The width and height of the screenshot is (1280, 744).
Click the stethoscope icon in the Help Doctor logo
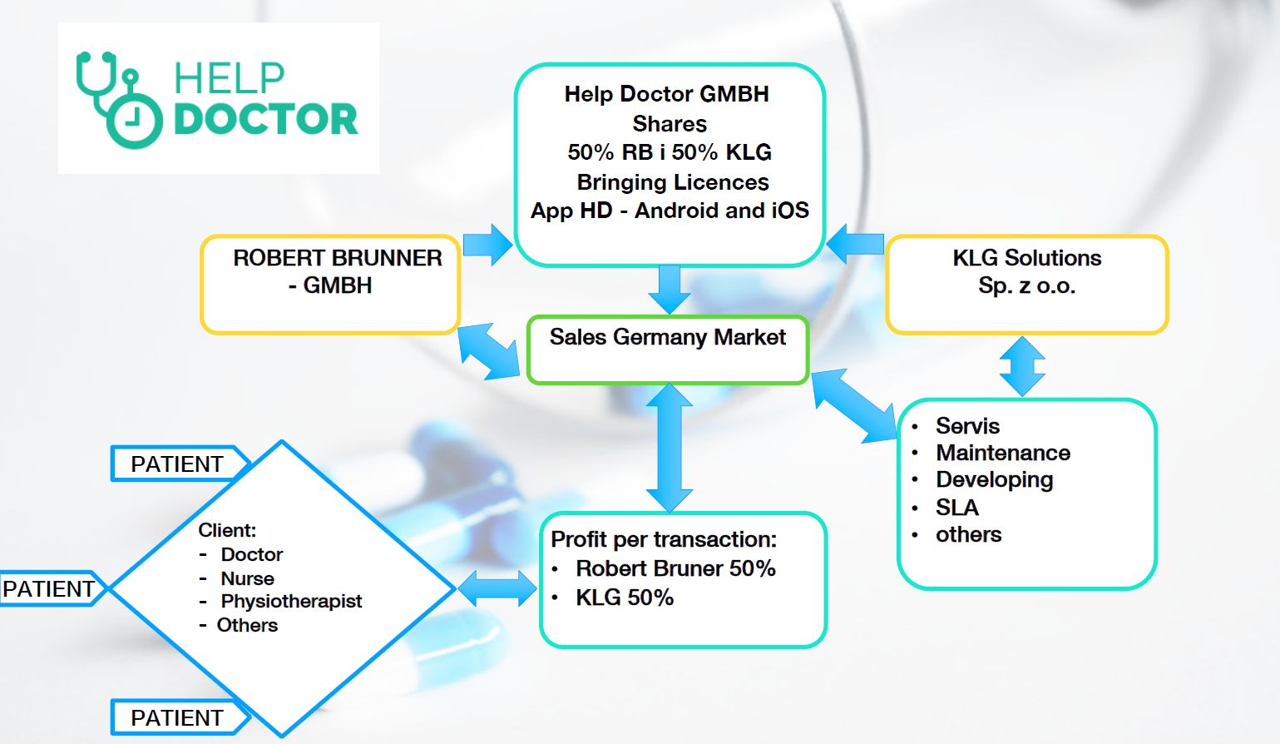click(116, 100)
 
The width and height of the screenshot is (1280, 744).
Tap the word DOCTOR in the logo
click(265, 120)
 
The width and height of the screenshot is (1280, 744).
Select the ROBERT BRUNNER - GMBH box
click(330, 285)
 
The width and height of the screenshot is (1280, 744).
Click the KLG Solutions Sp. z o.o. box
click(1026, 285)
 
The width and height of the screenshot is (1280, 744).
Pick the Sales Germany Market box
click(667, 350)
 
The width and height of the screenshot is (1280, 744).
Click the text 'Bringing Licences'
click(672, 182)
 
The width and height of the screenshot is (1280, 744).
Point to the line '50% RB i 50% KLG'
click(670, 152)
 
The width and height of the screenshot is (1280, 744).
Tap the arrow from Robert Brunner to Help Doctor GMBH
click(488, 245)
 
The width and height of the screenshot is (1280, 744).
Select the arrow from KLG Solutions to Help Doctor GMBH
click(854, 244)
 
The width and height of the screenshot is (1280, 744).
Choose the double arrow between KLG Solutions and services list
click(1022, 366)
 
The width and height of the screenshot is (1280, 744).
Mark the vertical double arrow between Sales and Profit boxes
click(669, 448)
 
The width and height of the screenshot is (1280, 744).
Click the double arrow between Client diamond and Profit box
click(497, 588)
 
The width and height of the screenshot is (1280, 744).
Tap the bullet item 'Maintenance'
click(1002, 453)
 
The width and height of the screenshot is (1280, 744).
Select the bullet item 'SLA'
click(956, 508)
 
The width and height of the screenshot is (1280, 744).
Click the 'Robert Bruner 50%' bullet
click(675, 568)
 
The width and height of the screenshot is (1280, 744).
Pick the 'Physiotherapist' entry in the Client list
click(291, 601)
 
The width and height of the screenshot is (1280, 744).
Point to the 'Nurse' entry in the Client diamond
click(247, 578)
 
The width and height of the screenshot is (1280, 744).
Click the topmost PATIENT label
click(177, 464)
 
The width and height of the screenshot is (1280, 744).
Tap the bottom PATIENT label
click(177, 717)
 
